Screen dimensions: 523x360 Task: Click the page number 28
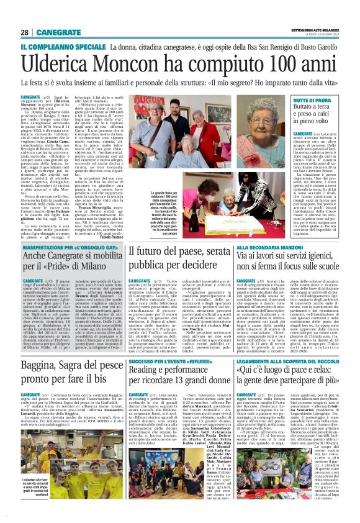click(x=24, y=32)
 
